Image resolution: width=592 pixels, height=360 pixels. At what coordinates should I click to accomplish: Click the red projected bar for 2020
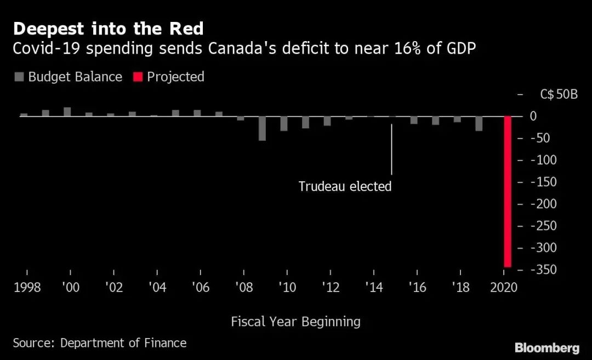click(x=508, y=191)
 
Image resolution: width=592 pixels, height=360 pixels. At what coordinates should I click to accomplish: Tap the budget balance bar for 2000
click(x=67, y=112)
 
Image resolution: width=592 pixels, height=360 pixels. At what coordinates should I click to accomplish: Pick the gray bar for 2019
click(x=479, y=123)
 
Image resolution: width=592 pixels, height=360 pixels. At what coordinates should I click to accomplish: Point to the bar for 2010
click(x=284, y=123)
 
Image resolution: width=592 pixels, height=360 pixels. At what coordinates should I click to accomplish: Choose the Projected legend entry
click(x=168, y=77)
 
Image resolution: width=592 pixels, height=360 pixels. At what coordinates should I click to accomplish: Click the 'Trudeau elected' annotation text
click(x=345, y=186)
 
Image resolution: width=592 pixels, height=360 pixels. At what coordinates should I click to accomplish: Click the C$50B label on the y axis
click(x=559, y=94)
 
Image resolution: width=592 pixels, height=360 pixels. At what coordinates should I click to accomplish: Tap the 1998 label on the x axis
click(x=26, y=288)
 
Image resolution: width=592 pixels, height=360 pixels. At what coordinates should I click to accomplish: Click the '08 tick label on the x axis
click(x=243, y=288)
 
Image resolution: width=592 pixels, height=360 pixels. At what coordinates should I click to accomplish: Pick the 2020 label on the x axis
click(x=504, y=288)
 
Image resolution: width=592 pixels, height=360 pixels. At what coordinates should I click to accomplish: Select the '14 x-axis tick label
click(x=373, y=288)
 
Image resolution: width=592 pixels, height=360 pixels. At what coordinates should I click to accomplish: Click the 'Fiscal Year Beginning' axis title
click(x=295, y=322)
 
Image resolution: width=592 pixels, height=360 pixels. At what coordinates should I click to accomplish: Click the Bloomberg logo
click(x=547, y=347)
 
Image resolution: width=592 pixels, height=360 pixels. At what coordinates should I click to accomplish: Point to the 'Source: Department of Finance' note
click(x=100, y=343)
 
